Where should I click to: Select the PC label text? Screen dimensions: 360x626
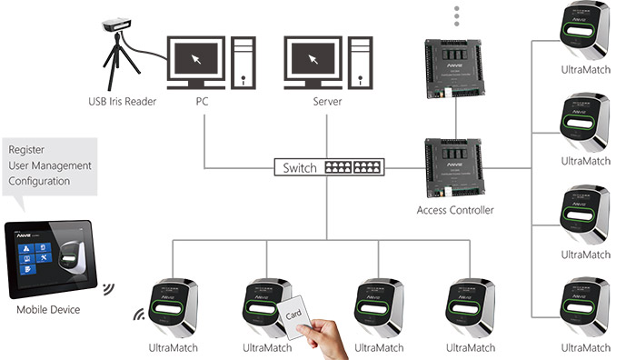203,102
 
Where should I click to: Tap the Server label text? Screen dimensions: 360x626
326,102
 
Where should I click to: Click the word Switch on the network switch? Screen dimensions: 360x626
300,168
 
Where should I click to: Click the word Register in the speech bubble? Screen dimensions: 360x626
27,150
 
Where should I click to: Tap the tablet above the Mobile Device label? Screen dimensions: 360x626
47,259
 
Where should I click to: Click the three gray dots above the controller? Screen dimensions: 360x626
456,15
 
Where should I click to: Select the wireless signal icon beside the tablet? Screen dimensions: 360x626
107,289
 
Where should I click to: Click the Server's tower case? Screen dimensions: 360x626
362,61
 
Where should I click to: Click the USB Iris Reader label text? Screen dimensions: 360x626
121,102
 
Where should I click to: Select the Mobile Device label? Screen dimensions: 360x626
48,310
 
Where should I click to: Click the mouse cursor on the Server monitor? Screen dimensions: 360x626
313,59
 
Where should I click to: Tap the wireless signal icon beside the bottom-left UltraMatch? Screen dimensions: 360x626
140,315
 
